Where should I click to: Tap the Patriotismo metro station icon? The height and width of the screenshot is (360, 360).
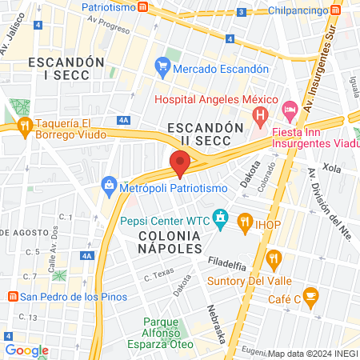point(142,7)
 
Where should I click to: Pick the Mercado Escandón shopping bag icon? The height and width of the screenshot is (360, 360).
point(162,68)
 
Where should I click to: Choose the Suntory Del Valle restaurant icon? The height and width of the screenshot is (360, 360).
point(275,258)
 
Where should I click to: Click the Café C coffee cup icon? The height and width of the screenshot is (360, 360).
point(311,298)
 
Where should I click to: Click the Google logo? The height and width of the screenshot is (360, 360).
point(26,350)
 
